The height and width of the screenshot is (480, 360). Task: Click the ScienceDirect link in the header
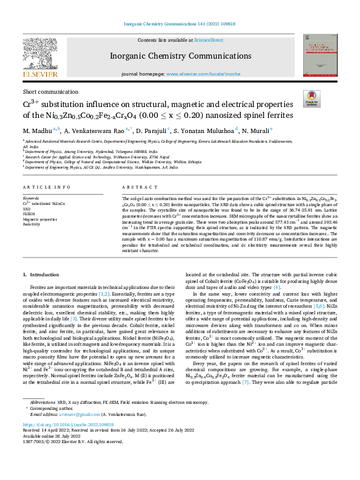tap(208, 40)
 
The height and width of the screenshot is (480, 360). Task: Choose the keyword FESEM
tap(30, 213)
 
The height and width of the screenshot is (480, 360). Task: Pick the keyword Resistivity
tap(32, 224)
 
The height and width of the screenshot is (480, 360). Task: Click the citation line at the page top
tap(180, 24)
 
